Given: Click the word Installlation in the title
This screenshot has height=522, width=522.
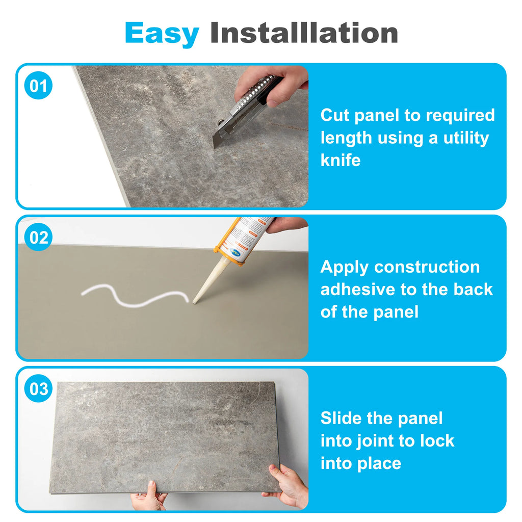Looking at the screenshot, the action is [x=304, y=33].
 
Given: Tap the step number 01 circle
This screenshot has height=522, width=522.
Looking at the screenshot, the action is [x=38, y=86].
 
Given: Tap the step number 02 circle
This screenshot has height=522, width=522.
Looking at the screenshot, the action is [x=38, y=237].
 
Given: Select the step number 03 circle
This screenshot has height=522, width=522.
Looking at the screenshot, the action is [x=38, y=388].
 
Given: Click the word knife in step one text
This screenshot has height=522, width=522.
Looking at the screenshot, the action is [x=341, y=160].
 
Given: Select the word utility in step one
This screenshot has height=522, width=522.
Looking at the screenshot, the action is [x=466, y=138].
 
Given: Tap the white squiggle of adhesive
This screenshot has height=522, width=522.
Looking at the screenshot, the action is [x=135, y=296].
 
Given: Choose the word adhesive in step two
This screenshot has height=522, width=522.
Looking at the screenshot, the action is [x=358, y=290].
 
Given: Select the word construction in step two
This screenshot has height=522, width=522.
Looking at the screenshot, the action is [x=427, y=267].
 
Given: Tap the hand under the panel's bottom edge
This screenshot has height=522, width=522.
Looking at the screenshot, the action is [x=148, y=498].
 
